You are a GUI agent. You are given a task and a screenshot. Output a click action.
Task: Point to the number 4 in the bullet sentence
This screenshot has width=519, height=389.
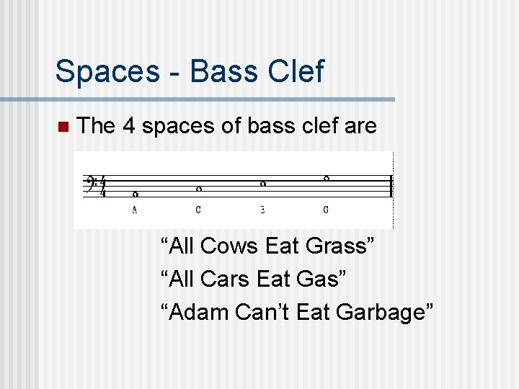129,127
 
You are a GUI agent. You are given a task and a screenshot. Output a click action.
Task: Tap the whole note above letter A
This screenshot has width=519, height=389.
135,194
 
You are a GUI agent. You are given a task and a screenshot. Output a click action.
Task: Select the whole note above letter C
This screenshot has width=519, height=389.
198,189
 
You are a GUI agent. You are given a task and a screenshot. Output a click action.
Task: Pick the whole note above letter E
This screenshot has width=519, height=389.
262,184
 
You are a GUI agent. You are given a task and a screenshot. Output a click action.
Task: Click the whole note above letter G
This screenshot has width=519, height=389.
326,178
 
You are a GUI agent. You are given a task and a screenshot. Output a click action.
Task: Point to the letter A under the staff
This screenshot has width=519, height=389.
135,210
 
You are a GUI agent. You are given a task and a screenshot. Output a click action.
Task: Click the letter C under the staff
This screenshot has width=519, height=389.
198,210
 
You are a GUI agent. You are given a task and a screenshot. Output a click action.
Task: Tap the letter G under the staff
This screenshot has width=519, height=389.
326,210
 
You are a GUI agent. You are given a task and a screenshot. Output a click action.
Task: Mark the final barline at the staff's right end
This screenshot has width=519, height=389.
390,187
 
